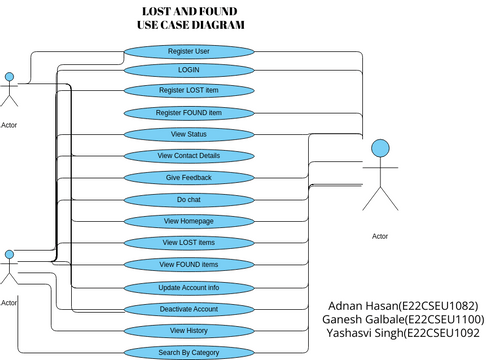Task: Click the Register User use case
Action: (x=188, y=50)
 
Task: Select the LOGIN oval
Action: (x=188, y=70)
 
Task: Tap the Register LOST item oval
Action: (x=188, y=91)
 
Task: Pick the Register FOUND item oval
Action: (x=188, y=113)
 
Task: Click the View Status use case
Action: (x=188, y=134)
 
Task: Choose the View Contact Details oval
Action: (x=188, y=156)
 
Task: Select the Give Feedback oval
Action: (x=188, y=177)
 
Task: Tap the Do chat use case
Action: (x=188, y=199)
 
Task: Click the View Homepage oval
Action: (x=188, y=221)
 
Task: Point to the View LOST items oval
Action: (x=188, y=243)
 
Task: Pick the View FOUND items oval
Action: (x=188, y=264)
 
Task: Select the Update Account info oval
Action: (x=188, y=287)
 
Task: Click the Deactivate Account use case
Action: (x=188, y=309)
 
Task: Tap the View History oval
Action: (x=188, y=330)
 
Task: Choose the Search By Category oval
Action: (x=188, y=352)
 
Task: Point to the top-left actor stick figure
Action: (x=11, y=90)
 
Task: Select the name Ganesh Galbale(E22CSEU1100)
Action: (x=402, y=320)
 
